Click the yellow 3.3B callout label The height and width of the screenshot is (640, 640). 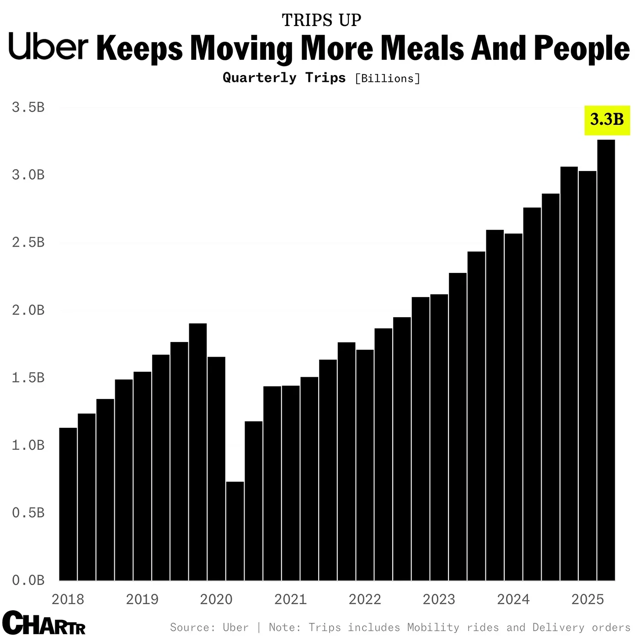pos(607,120)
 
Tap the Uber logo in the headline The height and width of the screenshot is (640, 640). pos(48,47)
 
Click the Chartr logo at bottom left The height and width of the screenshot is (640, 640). pos(43,623)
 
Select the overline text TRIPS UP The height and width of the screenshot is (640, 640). pos(321,21)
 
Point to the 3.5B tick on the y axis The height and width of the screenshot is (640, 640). pos(28,107)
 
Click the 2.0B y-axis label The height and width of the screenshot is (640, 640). pos(28,310)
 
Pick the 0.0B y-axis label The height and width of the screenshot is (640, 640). pos(28,581)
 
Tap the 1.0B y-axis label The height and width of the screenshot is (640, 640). pos(28,445)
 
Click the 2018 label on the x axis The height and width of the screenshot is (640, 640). pos(68,599)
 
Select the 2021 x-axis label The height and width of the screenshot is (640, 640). pos(290,599)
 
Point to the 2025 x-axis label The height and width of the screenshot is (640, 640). pos(587,599)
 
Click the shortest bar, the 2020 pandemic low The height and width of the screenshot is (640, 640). pos(235,530)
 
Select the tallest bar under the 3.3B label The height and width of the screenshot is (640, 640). pos(606,361)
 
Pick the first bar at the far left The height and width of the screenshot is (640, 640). pos(68,503)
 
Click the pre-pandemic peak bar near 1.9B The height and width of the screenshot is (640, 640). pos(198,453)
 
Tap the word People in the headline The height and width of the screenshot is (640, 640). pos(581,48)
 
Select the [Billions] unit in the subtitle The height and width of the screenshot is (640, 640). pos(387,79)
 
